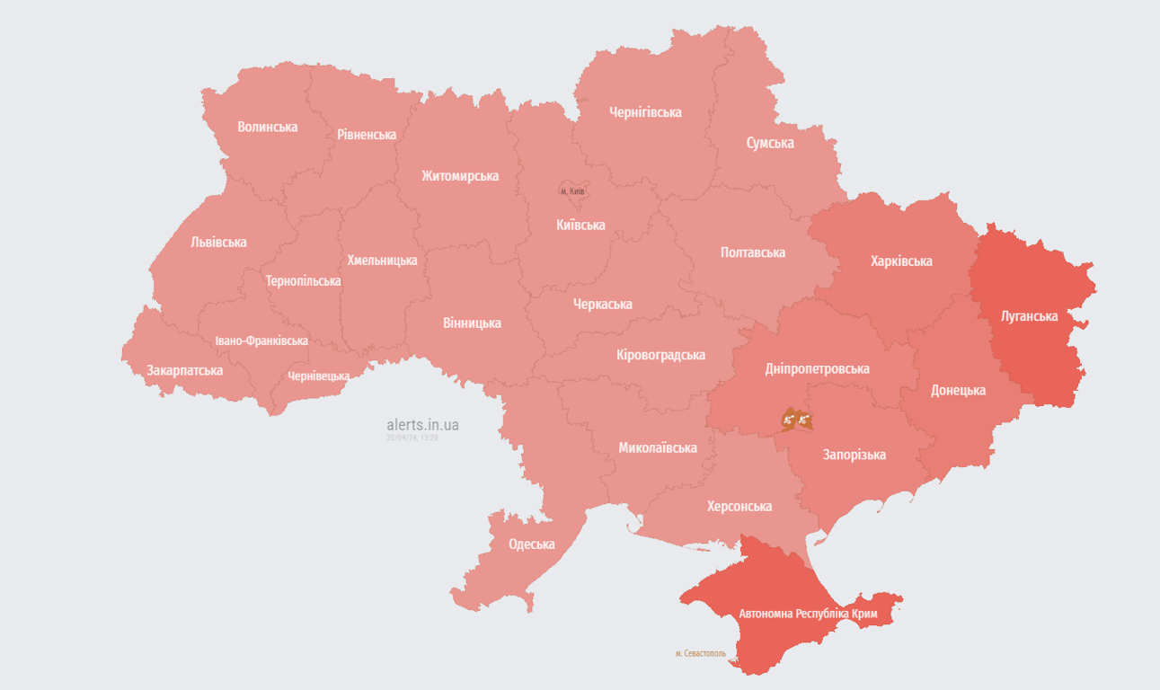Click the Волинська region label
[x=267, y=127]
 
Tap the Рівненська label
[x=367, y=135]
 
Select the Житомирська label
[x=460, y=176]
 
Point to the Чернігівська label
[x=645, y=112]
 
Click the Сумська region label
[x=770, y=143]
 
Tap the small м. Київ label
[x=572, y=191]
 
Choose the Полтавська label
[x=753, y=252]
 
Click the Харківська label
[x=901, y=261]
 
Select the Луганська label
[x=1029, y=316]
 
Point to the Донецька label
[x=958, y=390]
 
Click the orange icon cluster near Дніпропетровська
[x=796, y=419]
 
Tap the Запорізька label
[x=855, y=455]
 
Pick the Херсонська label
[x=739, y=507]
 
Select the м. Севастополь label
[x=700, y=653]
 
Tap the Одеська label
[x=531, y=544]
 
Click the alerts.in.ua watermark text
[x=422, y=425]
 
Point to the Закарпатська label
[x=185, y=370]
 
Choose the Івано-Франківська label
[x=261, y=341]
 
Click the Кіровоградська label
[x=660, y=355]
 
